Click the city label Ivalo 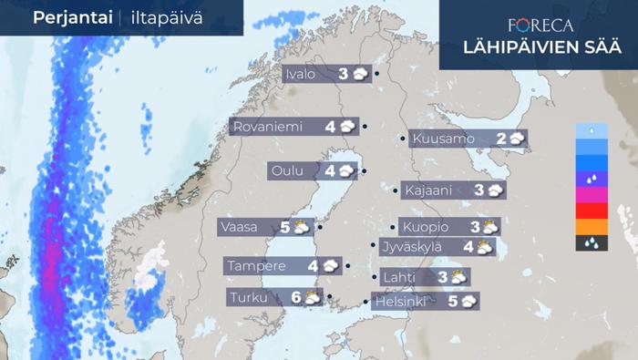pyautogui.click(x=301, y=75)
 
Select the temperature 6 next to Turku pyautogui.click(x=295, y=297)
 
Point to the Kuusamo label pyautogui.click(x=443, y=139)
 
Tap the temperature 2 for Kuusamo pyautogui.click(x=501, y=139)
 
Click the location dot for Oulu pyautogui.click(x=364, y=170)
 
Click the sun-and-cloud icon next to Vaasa pyautogui.click(x=301, y=227)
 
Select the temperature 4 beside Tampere pyautogui.click(x=313, y=266)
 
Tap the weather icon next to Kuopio pyautogui.click(x=489, y=227)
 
